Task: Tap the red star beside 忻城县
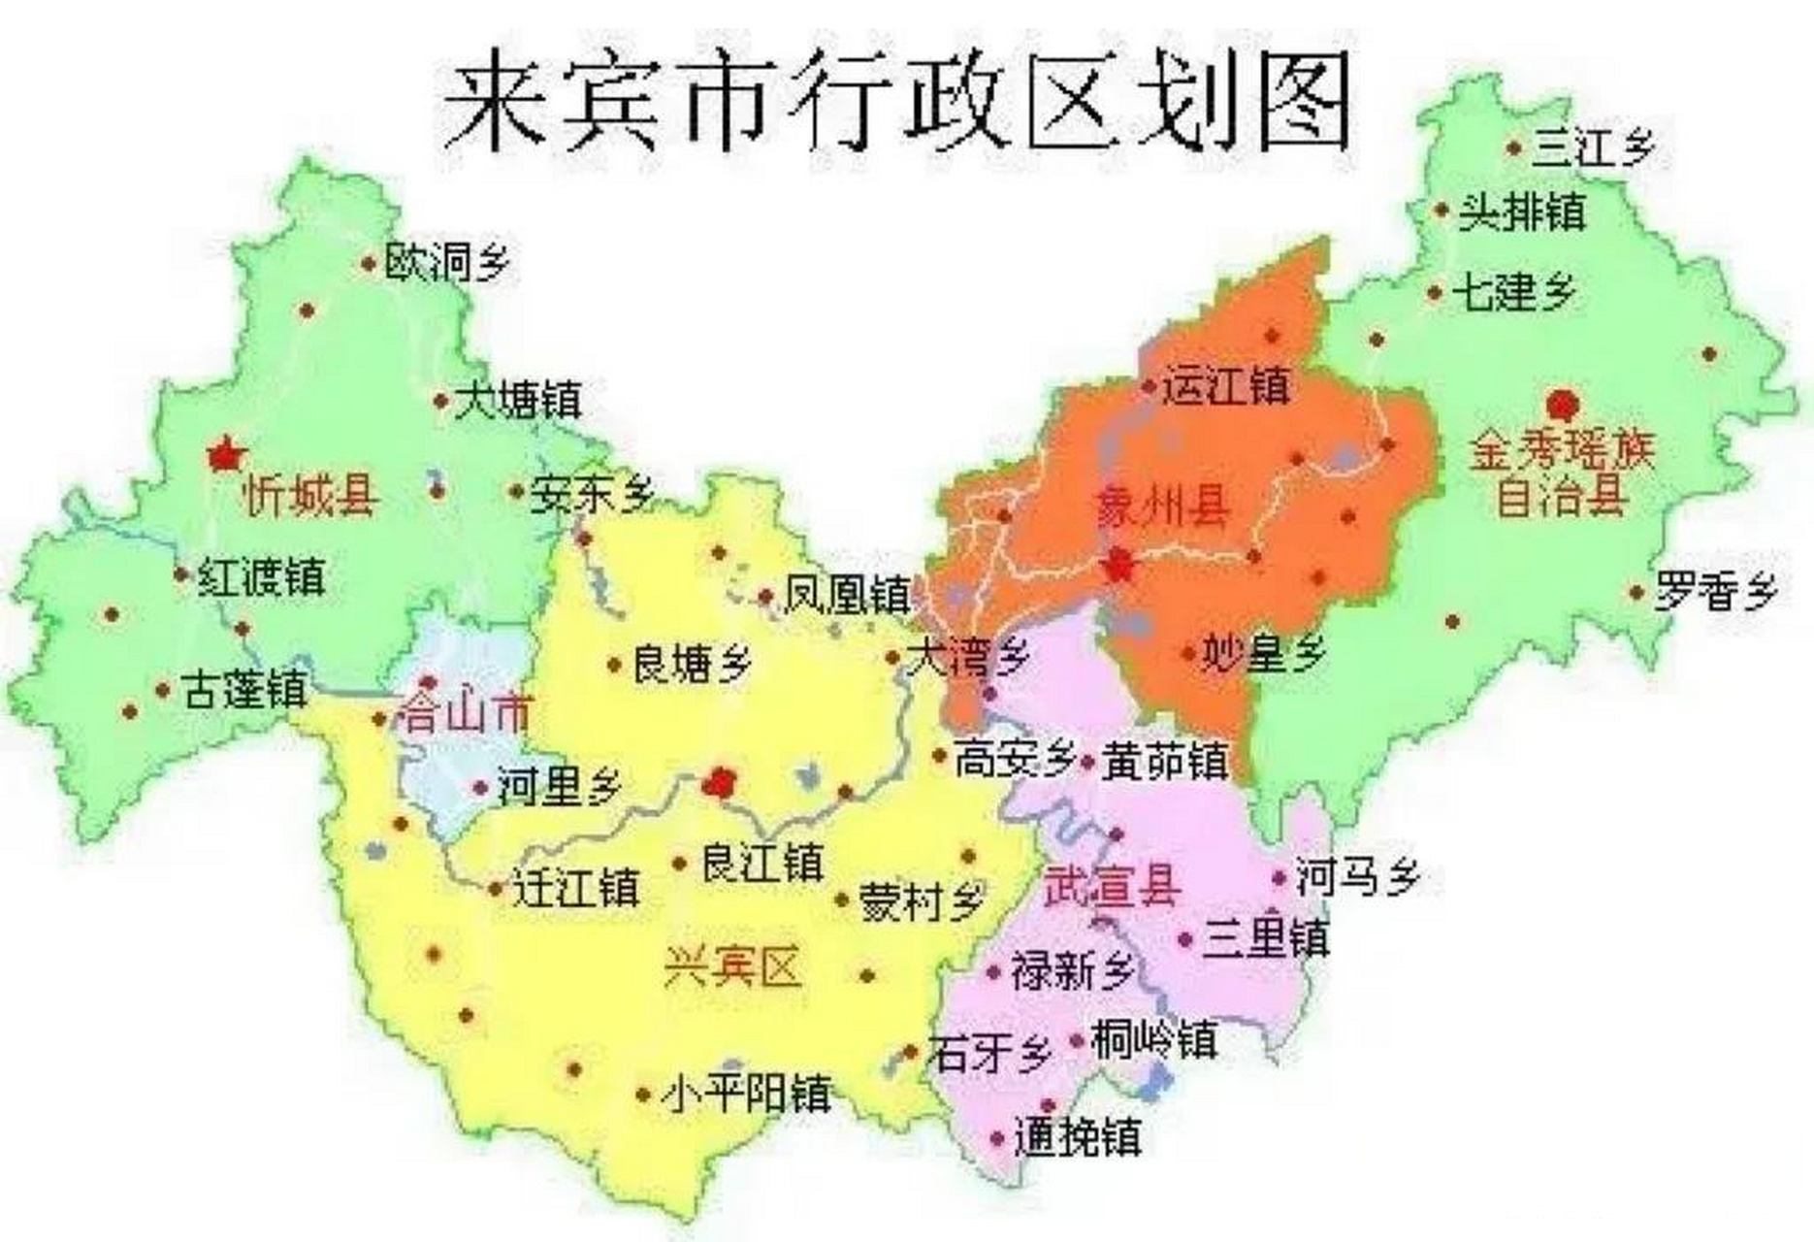pos(226,454)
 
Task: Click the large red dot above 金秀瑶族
pos(1563,404)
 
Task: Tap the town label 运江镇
pos(1227,386)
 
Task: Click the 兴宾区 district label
pos(732,967)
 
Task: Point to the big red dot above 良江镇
pos(721,782)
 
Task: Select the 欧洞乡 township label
pos(446,262)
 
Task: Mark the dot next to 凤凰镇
pos(765,597)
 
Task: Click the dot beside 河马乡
pos(1280,879)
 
